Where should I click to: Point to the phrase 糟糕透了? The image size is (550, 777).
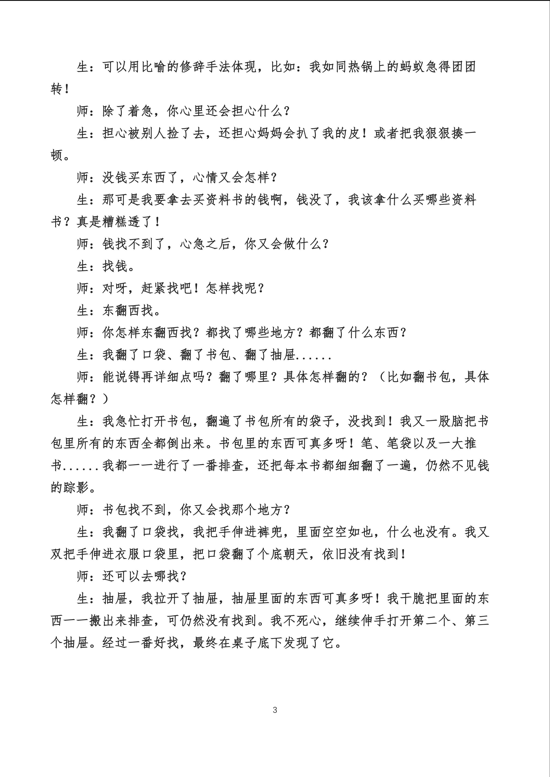128,222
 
